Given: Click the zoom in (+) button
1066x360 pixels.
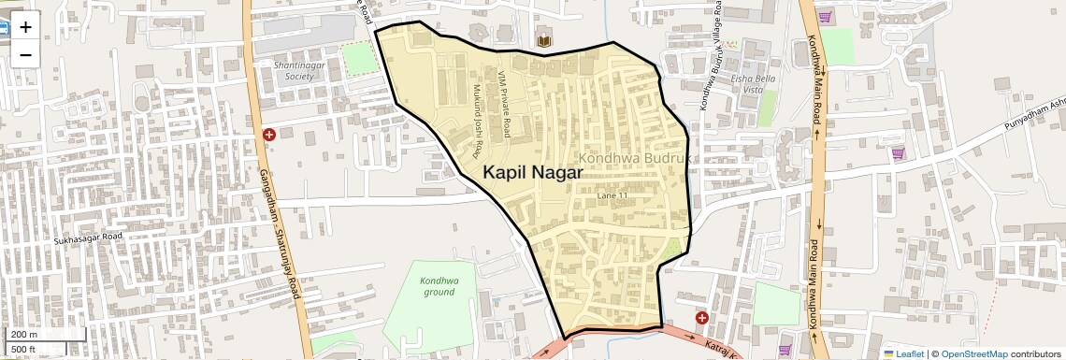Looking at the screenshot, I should point(25,26).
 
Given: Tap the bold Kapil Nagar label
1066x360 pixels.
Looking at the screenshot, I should point(533,173).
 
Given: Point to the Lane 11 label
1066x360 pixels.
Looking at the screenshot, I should point(612,196).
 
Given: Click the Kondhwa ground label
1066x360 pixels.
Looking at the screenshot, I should point(439,286).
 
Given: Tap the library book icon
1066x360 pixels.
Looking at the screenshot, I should point(543,40).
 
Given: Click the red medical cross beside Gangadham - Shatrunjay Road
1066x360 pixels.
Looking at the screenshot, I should point(269,136).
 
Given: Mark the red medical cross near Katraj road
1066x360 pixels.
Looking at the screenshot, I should point(702,318).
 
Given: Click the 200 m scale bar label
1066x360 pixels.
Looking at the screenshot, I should point(24,335).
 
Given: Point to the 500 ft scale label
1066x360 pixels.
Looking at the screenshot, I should point(23,350).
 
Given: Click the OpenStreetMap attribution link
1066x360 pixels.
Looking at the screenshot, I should point(973,353).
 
